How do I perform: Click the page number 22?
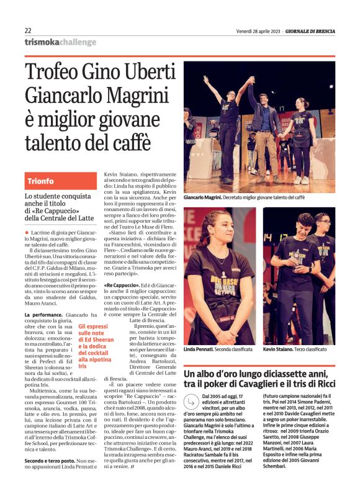point(29,30)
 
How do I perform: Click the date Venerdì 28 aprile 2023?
point(258,30)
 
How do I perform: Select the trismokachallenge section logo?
point(61,42)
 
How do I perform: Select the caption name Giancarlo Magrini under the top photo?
point(202,197)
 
